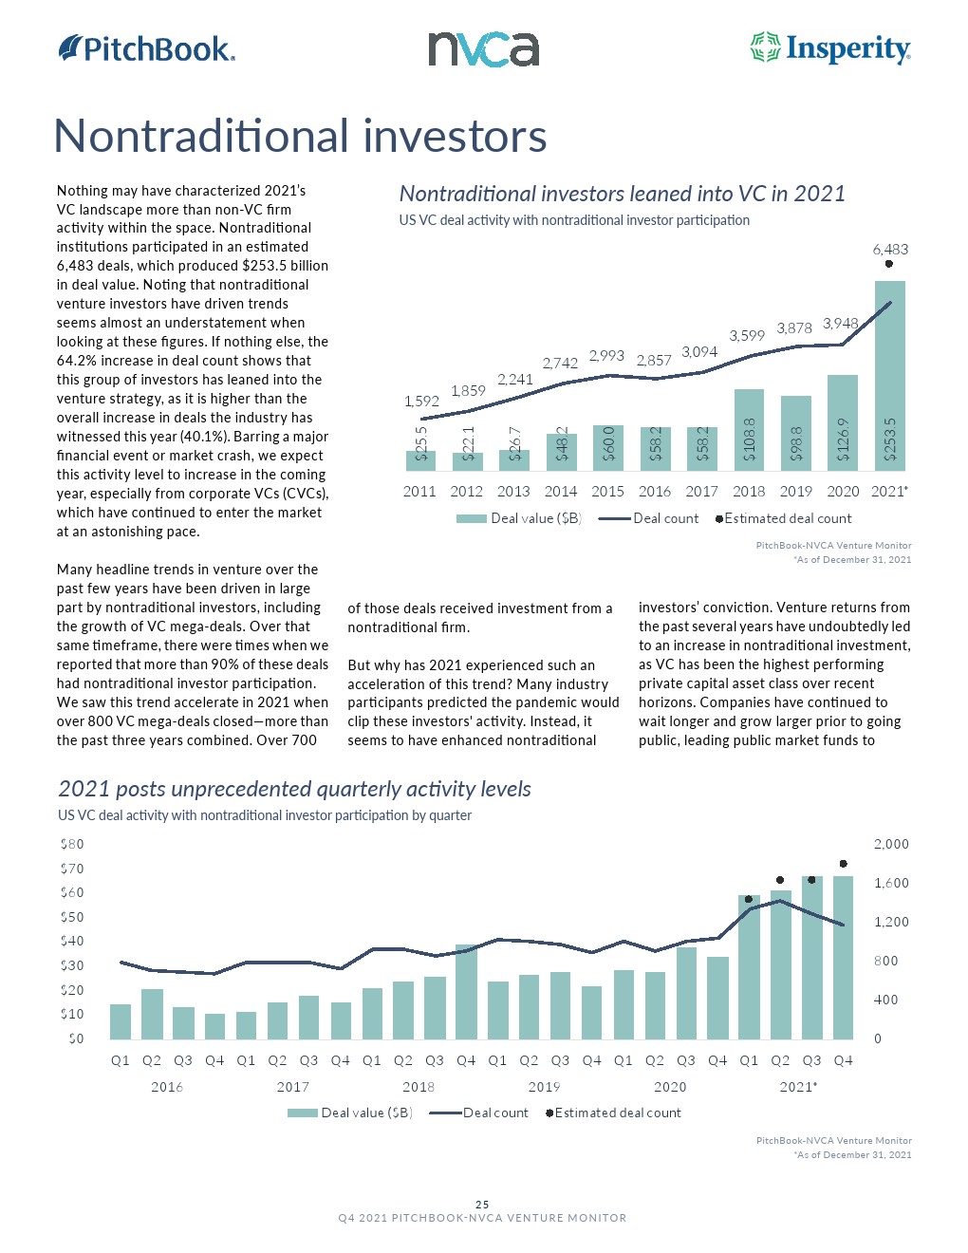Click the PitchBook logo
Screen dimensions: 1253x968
pyautogui.click(x=146, y=48)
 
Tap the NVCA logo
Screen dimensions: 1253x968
pyautogui.click(x=483, y=49)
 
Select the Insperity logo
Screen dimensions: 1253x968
pyautogui.click(x=830, y=48)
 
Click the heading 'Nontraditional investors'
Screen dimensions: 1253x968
pyautogui.click(x=300, y=136)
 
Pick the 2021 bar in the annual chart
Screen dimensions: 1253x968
pyautogui.click(x=889, y=375)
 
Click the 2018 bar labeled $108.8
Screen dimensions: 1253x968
pyautogui.click(x=749, y=429)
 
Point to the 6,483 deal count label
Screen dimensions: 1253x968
pyautogui.click(x=890, y=250)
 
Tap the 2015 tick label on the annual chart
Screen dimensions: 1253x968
pyautogui.click(x=607, y=492)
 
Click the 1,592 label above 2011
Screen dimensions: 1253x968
pyautogui.click(x=421, y=402)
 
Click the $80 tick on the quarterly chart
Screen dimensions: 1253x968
pyautogui.click(x=72, y=844)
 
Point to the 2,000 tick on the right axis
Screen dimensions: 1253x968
pyautogui.click(x=891, y=844)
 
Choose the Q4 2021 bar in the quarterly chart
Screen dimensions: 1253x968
pyautogui.click(x=843, y=957)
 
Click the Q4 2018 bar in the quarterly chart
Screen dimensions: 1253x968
pyautogui.click(x=466, y=991)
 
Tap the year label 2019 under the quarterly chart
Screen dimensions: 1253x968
pyautogui.click(x=544, y=1087)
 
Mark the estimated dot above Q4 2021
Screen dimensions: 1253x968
pyautogui.click(x=844, y=864)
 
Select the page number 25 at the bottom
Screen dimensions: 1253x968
pyautogui.click(x=482, y=1205)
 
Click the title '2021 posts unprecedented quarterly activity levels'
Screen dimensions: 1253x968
pyautogui.click(x=294, y=789)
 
